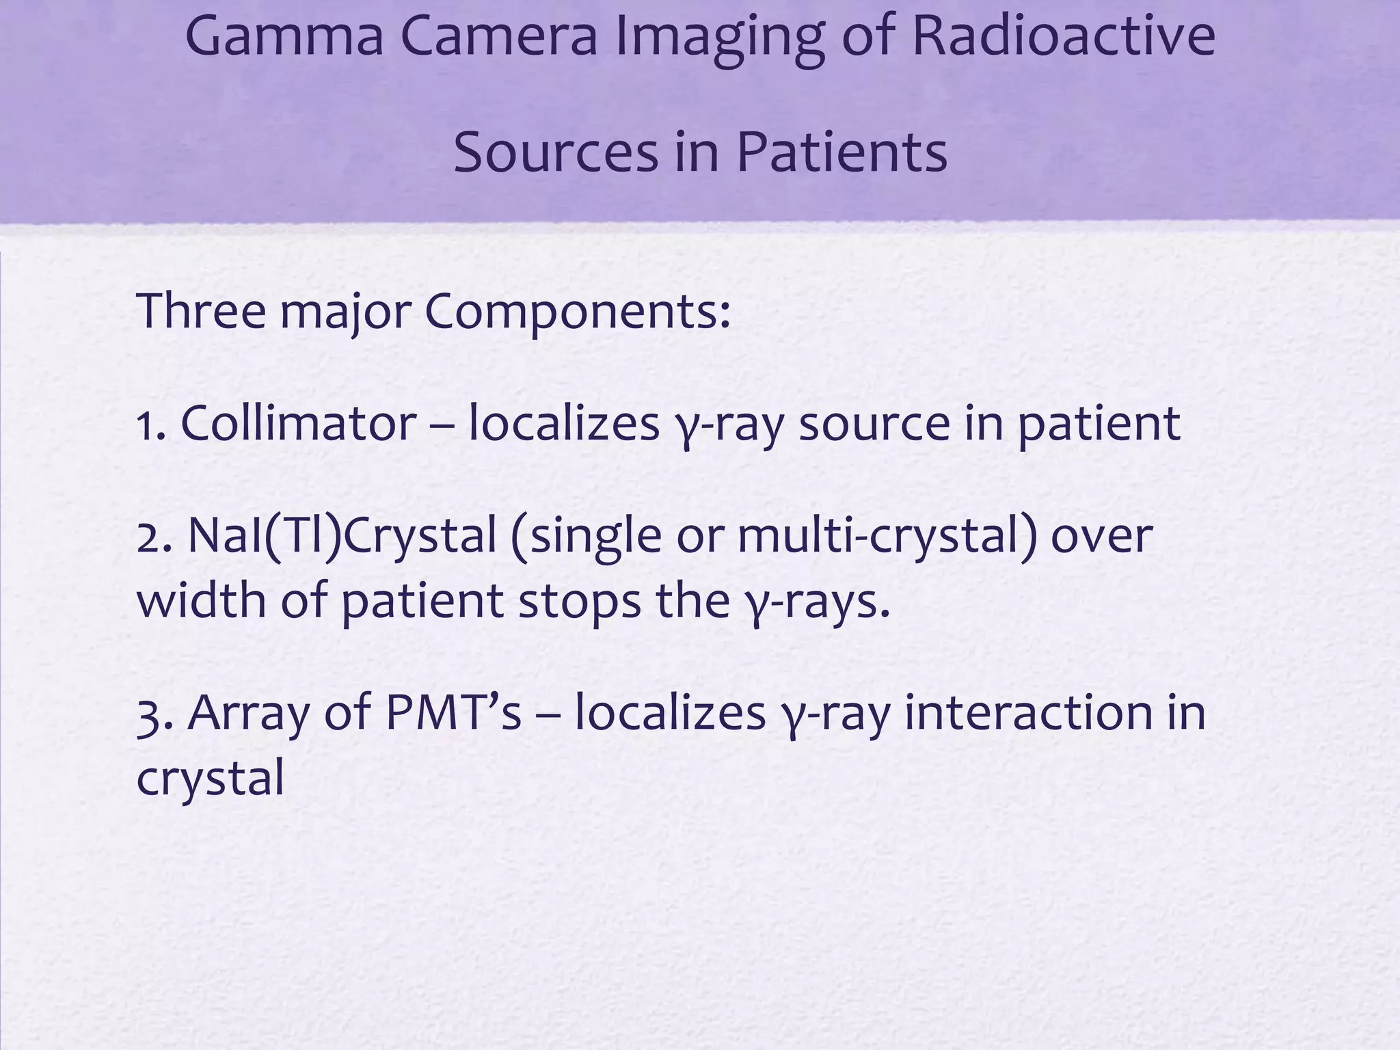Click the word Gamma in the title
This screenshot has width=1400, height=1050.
pyautogui.click(x=284, y=38)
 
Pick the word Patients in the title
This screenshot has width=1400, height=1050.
pyautogui.click(x=842, y=152)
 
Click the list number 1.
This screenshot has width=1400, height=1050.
pyautogui.click(x=148, y=423)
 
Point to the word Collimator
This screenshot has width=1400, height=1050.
pyautogui.click(x=299, y=423)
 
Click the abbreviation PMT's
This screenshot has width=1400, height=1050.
pyautogui.click(x=453, y=712)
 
